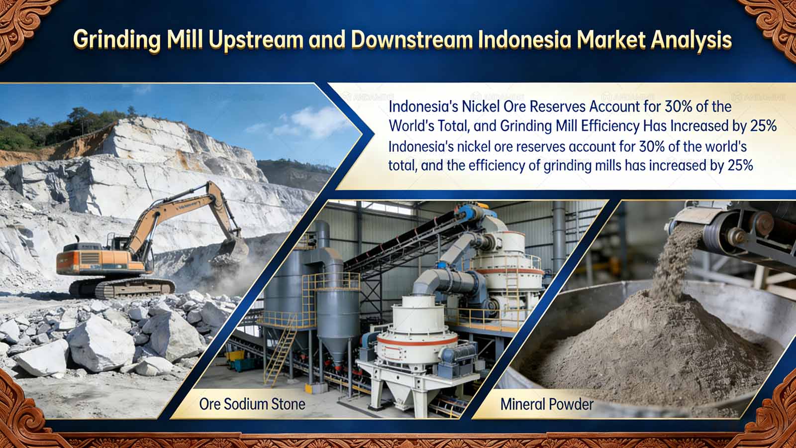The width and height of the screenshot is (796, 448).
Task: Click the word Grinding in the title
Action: click(117, 40)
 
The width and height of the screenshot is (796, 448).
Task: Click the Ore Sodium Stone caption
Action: click(252, 404)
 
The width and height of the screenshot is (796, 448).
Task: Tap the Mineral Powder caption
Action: click(547, 404)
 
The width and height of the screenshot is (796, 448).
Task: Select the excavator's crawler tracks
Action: click(122, 287)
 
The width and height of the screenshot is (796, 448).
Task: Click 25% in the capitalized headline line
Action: click(763, 126)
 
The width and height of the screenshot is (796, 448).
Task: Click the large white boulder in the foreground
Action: click(99, 343)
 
